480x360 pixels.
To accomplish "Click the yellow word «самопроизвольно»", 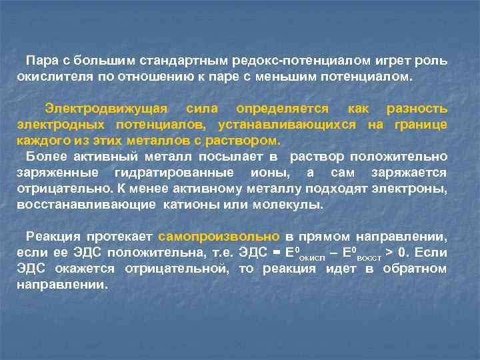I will [x=219, y=237].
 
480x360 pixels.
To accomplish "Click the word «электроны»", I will [x=409, y=189].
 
